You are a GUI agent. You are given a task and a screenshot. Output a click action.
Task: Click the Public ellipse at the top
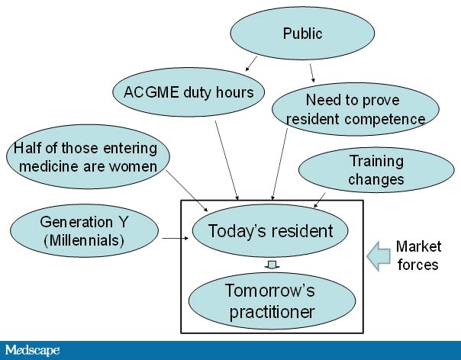(302, 34)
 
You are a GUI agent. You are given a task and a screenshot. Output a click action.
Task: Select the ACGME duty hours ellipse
(189, 92)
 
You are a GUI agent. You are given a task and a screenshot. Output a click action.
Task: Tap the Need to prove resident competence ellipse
(356, 109)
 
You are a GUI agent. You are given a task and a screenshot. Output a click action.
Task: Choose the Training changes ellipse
(376, 170)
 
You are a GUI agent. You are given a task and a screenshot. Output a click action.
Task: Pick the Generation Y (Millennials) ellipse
(85, 231)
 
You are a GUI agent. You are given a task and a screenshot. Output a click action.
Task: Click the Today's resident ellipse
(270, 230)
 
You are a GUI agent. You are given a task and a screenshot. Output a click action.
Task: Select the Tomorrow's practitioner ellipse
(272, 301)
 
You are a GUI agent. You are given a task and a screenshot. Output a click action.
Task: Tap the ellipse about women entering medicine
(88, 156)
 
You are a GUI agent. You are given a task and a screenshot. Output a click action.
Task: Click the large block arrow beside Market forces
(379, 256)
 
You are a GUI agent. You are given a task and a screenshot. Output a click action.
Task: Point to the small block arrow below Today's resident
(272, 265)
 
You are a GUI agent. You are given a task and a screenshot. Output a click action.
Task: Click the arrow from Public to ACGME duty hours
(251, 63)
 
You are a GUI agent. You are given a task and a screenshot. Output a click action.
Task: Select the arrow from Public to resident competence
(312, 73)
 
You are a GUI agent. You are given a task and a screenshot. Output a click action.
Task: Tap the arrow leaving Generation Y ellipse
(176, 238)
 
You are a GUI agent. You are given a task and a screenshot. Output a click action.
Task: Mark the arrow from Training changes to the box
(320, 200)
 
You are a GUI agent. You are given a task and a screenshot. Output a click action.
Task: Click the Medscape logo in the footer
(32, 350)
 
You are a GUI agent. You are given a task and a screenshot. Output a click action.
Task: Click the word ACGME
(151, 92)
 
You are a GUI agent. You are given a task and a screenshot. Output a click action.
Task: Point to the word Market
(419, 246)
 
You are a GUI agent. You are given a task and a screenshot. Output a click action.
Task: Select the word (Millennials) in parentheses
(84, 241)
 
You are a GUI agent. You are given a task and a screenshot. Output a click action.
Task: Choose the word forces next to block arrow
(417, 265)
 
